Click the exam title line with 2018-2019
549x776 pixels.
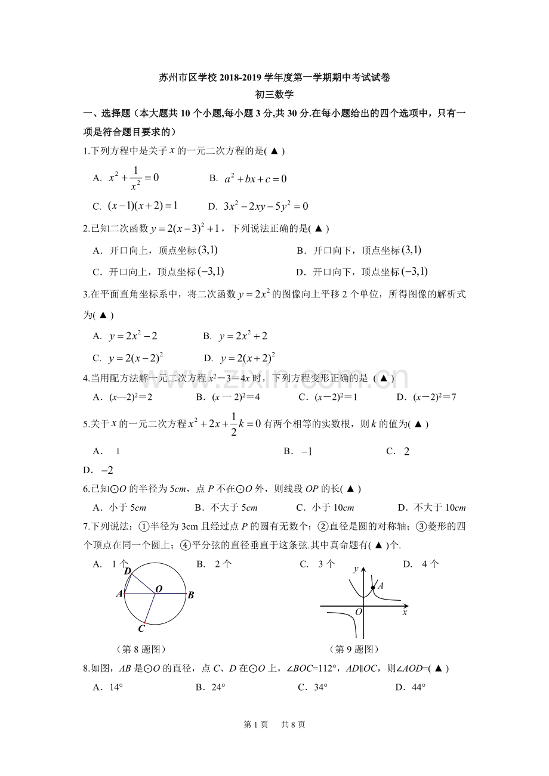[x=274, y=77]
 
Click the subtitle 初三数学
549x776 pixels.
[x=274, y=94]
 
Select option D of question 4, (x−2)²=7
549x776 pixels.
[x=426, y=397]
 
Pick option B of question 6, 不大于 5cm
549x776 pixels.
[x=226, y=508]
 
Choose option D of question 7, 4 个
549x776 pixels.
[x=421, y=564]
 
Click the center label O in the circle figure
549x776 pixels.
[x=159, y=589]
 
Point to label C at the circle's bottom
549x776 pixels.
[x=141, y=628]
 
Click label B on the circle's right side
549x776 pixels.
[x=191, y=595]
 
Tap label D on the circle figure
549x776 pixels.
[x=127, y=571]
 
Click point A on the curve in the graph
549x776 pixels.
[x=373, y=588]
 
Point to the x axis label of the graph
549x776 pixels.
[x=405, y=612]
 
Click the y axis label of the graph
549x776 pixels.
[x=356, y=569]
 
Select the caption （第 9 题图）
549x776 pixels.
[x=354, y=649]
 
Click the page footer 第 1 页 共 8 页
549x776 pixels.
[x=274, y=725]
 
